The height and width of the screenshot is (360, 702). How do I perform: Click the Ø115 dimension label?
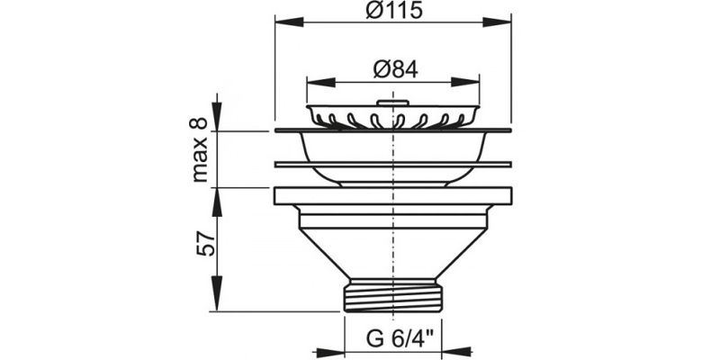(x=391, y=12)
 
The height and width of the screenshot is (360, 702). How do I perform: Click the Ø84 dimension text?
(x=391, y=69)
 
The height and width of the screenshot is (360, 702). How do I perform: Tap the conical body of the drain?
(x=391, y=252)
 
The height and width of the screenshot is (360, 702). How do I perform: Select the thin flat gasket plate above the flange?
(x=391, y=165)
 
